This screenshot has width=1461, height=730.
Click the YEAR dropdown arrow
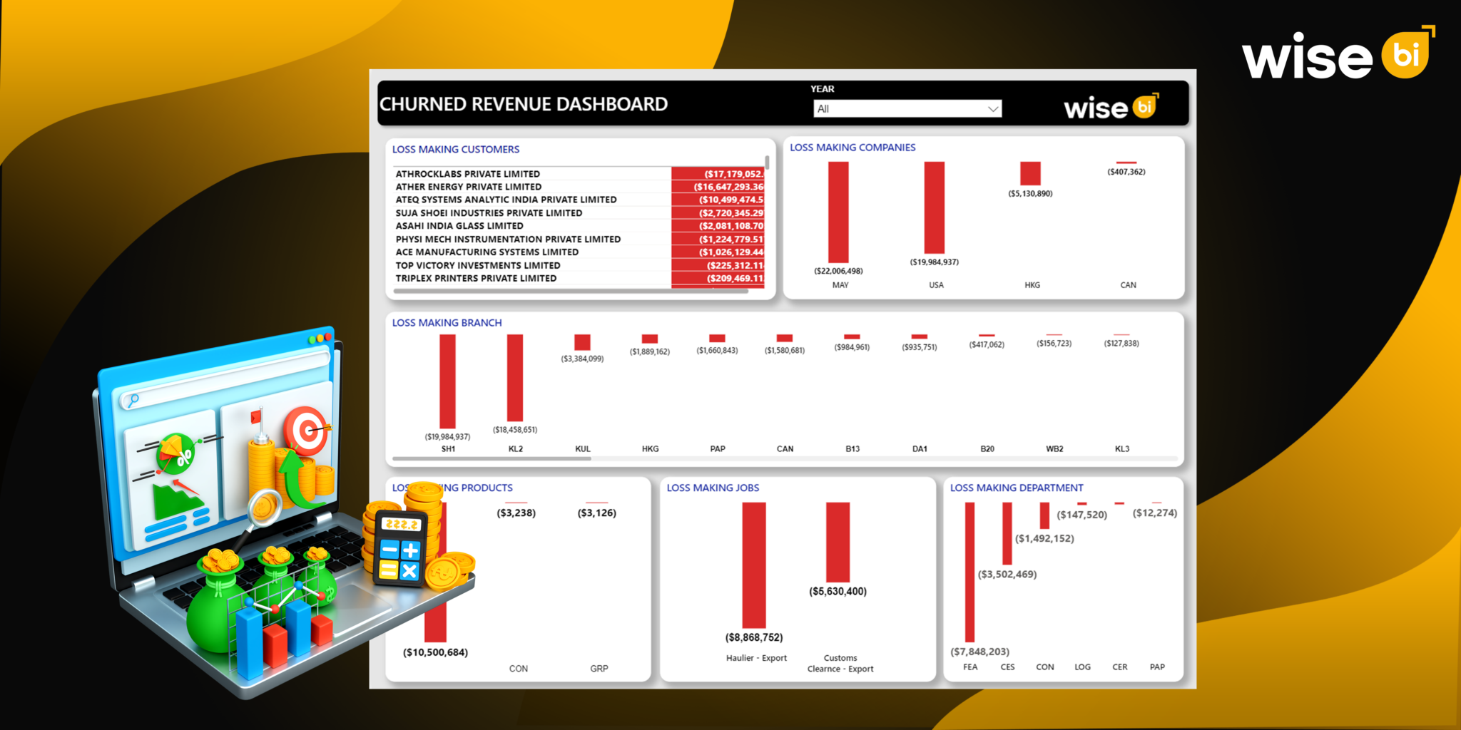[992, 109]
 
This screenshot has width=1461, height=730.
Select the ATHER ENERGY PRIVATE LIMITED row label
[468, 187]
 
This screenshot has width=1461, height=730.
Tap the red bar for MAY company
[838, 212]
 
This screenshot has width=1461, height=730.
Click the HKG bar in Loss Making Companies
[1030, 173]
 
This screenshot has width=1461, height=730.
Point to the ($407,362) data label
[1126, 172]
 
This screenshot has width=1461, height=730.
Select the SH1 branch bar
[447, 381]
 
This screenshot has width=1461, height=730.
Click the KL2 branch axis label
[515, 449]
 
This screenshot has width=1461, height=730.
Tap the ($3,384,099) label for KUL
[582, 359]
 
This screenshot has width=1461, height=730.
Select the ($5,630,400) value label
[838, 592]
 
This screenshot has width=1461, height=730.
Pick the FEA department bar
[969, 572]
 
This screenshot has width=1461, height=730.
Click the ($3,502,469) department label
[1007, 575]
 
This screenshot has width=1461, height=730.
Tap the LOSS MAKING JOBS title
[713, 488]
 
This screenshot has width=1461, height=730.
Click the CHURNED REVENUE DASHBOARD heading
[524, 105]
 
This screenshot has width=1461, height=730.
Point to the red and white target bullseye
[307, 430]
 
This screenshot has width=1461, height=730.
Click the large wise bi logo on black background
[1337, 55]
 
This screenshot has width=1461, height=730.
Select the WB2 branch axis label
[1054, 449]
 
